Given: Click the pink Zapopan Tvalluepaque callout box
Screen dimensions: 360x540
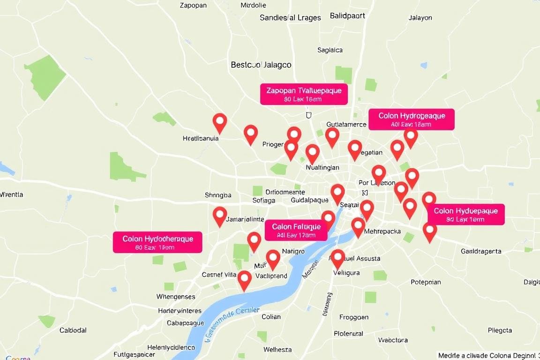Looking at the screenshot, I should click(304, 94).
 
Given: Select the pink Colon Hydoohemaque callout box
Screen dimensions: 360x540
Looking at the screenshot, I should click(157, 242).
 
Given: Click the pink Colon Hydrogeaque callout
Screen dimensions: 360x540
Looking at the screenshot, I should click(411, 120).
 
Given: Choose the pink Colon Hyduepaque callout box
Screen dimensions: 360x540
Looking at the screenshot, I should click(465, 215).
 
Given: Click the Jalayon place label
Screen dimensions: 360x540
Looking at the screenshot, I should click(420, 18).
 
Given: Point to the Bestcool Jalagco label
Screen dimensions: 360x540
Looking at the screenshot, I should click(261, 65).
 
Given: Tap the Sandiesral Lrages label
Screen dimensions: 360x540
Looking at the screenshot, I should click(290, 18).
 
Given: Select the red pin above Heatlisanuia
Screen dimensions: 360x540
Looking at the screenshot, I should click(220, 122).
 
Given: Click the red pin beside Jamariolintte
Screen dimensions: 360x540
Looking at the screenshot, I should click(220, 216).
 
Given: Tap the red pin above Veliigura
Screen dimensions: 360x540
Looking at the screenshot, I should click(337, 258).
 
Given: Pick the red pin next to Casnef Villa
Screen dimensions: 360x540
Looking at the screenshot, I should click(244, 279).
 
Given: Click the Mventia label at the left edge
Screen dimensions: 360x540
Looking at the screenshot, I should click(12, 195).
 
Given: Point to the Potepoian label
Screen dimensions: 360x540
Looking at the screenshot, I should click(426, 282).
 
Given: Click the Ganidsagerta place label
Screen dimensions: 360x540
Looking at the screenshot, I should click(481, 251).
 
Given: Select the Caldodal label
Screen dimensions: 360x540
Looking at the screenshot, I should click(73, 330).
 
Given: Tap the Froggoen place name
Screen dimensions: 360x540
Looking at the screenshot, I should click(354, 317).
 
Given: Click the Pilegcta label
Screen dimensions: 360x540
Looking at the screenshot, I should click(500, 330).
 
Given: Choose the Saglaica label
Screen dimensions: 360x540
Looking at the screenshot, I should click(330, 50).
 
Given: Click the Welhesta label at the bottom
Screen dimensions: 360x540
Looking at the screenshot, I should click(277, 350).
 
